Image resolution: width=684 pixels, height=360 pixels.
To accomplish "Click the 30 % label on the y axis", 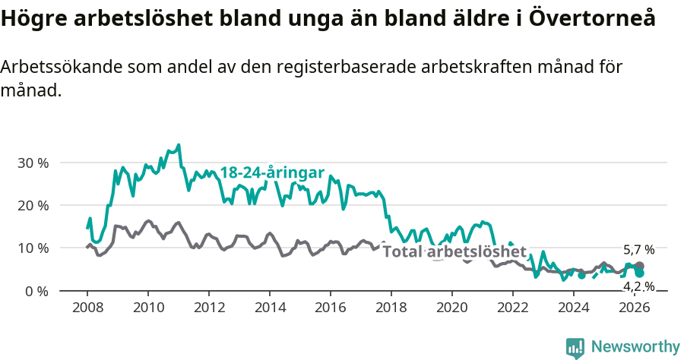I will point(33,163).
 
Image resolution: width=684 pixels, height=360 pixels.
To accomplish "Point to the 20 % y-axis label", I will point(33,205).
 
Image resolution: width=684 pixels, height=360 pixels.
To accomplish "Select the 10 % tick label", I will point(33,248).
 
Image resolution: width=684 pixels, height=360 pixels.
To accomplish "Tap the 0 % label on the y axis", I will point(36,291).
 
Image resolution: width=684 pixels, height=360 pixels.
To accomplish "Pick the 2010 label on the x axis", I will point(147,307).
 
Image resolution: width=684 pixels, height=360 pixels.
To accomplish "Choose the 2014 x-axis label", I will point(269,307).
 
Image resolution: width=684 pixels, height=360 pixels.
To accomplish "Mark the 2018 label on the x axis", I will point(391,307).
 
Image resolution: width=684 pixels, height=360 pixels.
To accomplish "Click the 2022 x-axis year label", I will point(512,307).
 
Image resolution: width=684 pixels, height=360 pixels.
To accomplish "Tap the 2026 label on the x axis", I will point(634,307).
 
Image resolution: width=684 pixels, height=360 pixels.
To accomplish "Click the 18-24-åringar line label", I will point(272,172).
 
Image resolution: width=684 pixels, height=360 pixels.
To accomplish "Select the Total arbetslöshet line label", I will point(454,252).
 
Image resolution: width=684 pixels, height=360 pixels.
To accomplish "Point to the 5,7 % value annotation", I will point(638,250).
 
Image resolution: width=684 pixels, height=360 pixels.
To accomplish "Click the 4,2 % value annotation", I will point(638,286).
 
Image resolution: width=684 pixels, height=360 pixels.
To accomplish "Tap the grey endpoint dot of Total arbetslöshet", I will point(639,267).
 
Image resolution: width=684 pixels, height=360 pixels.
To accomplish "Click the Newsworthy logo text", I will point(635,346).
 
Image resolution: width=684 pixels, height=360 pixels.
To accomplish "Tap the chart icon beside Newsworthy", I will point(575,348).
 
